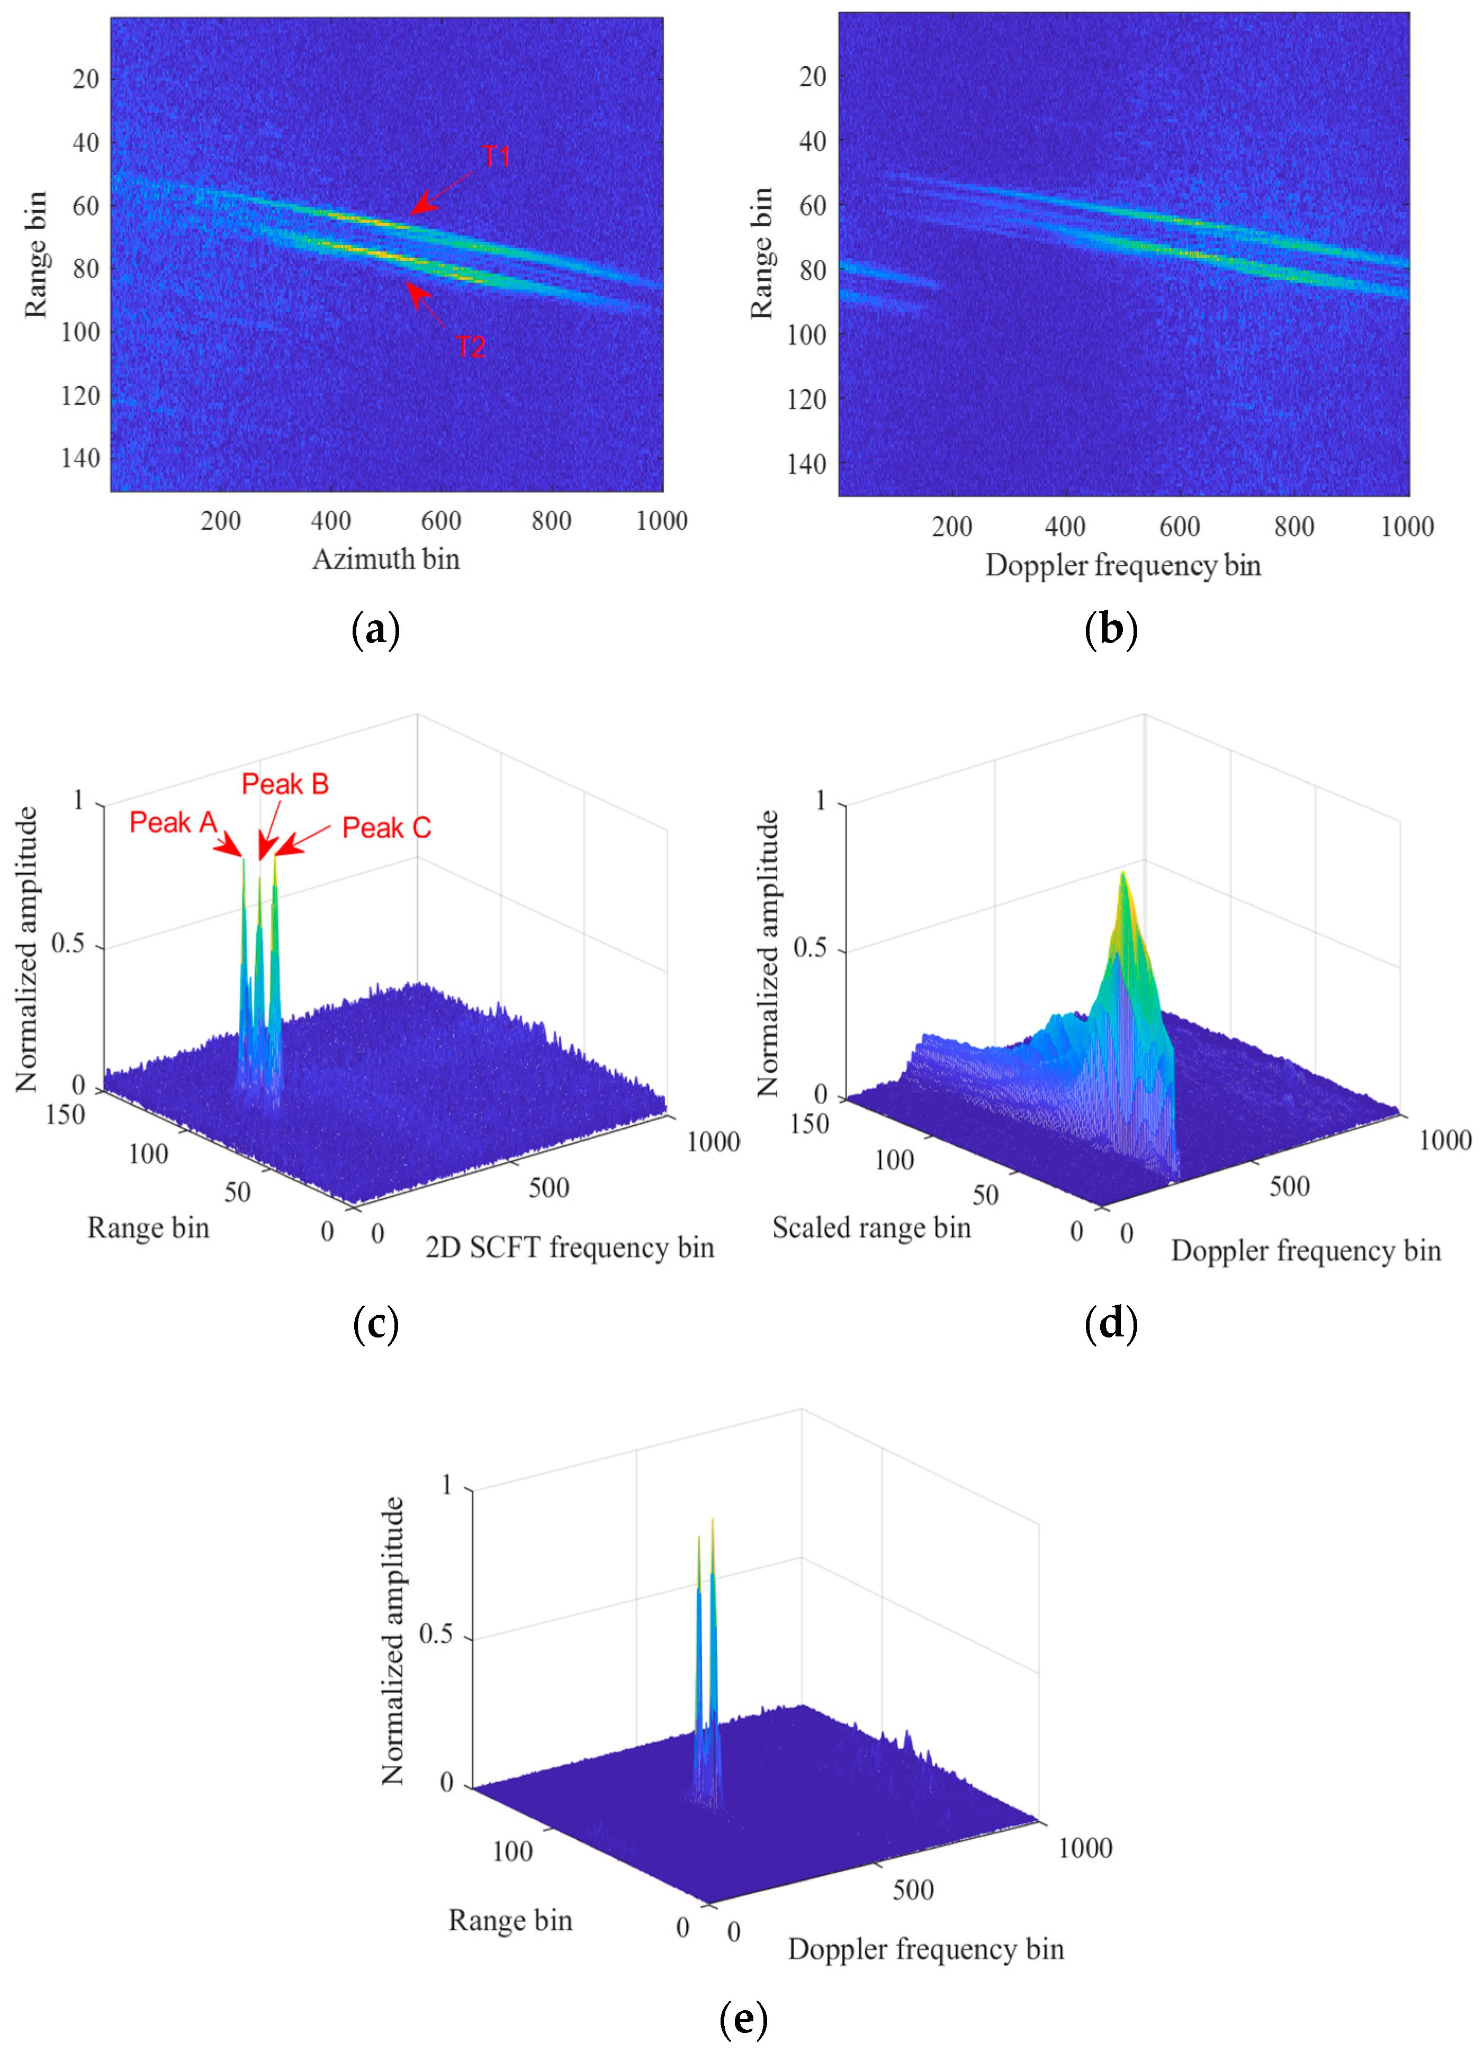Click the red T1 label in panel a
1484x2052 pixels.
(x=496, y=157)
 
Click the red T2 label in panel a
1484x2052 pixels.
(x=471, y=347)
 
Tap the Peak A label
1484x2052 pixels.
(x=173, y=822)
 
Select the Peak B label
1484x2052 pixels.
(x=285, y=784)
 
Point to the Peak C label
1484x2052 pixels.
(x=386, y=828)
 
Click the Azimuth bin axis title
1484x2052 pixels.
(x=386, y=559)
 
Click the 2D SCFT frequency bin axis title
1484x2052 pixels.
(x=569, y=1248)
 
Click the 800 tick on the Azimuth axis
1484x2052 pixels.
(x=551, y=521)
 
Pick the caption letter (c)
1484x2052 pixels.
(x=375, y=1325)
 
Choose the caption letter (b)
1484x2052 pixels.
(x=1110, y=630)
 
